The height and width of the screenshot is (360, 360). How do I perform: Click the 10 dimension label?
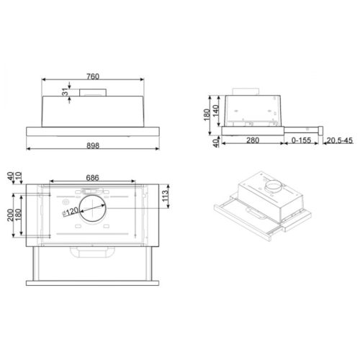(22, 178)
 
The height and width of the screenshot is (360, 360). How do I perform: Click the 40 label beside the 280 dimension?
(215, 142)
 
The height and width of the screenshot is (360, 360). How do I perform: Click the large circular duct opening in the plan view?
(92, 209)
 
